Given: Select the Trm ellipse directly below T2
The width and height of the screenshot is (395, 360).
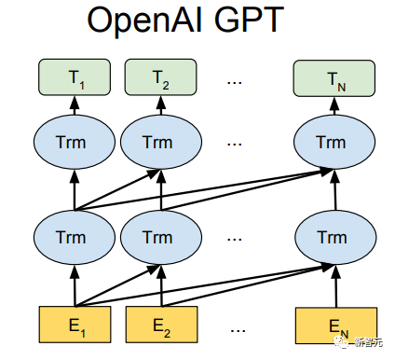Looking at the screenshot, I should click(x=159, y=143).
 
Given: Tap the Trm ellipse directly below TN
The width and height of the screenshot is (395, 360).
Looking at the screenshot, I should click(x=331, y=143).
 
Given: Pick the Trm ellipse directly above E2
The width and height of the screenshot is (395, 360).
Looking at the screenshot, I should click(x=159, y=236).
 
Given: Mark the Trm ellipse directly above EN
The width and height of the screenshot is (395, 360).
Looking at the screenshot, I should click(x=331, y=236).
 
